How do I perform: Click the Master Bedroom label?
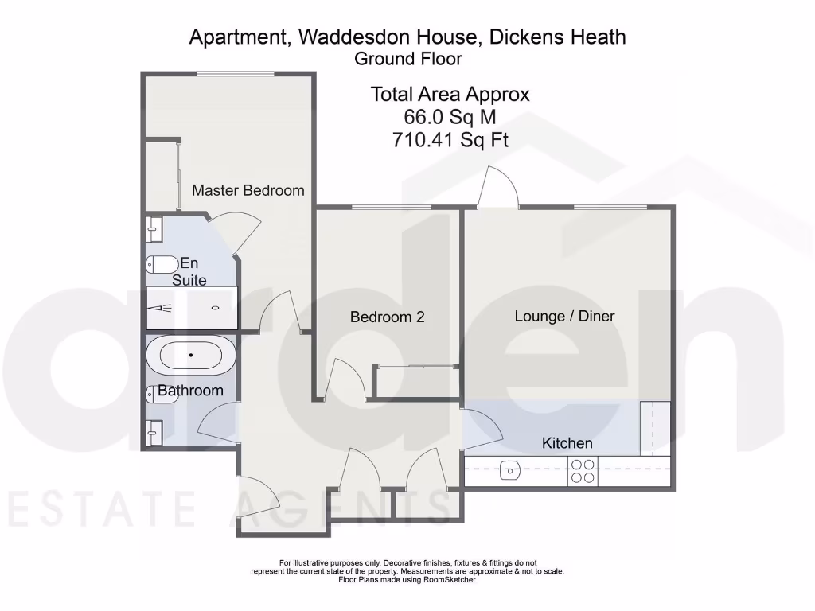tap(248, 190)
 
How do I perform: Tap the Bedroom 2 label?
tap(387, 317)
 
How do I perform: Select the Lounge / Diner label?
tap(564, 316)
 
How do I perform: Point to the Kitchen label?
tap(567, 443)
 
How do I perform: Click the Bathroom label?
tap(190, 391)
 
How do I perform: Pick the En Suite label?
tap(189, 271)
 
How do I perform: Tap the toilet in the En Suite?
tap(162, 264)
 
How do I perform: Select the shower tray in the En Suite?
tap(191, 308)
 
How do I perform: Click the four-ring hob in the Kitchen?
tap(583, 472)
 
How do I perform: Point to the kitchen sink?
tap(511, 472)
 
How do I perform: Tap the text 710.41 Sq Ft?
tap(450, 140)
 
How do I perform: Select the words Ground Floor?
tap(407, 58)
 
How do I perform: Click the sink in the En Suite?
tap(154, 229)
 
